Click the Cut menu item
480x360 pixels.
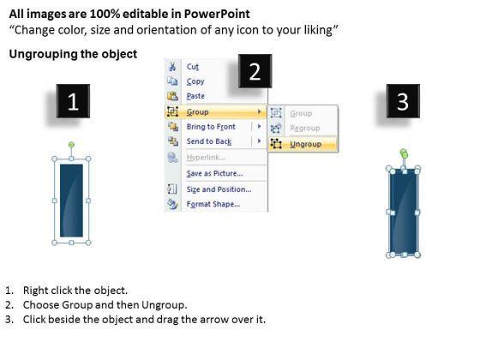click(193, 67)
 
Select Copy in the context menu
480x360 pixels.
click(195, 81)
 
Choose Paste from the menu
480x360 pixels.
click(195, 96)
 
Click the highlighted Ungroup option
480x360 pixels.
click(305, 144)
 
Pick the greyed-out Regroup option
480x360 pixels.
click(305, 128)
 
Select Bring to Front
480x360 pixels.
click(211, 127)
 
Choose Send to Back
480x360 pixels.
click(209, 141)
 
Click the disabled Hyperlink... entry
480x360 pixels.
click(206, 158)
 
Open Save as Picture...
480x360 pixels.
click(214, 173)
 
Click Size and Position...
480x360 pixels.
click(219, 189)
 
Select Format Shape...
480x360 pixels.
click(213, 204)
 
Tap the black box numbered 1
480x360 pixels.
click(73, 101)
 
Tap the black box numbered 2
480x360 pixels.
click(255, 71)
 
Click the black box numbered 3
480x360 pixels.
click(403, 101)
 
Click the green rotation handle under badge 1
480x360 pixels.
click(71, 145)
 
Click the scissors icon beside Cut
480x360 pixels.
click(172, 67)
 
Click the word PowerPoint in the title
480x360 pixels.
click(217, 14)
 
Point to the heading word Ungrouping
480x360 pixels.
click(43, 54)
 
